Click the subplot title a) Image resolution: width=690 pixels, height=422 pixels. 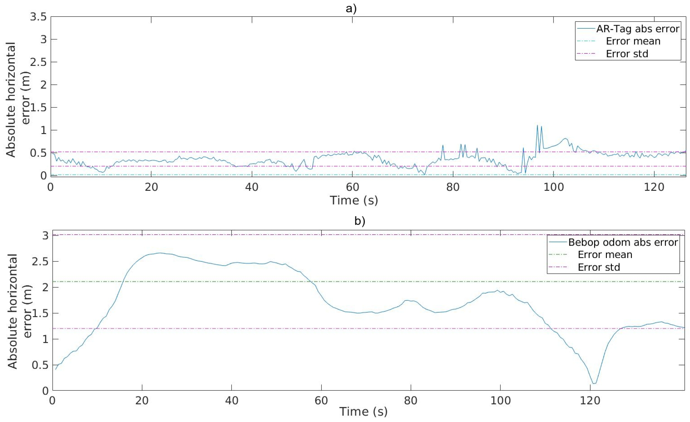[x=351, y=8]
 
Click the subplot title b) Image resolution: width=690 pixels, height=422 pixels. [x=360, y=221]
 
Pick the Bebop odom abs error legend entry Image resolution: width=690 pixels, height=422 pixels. [x=623, y=242]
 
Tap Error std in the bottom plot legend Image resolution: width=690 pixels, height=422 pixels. [x=599, y=267]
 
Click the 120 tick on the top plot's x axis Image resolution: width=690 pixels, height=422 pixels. [x=654, y=187]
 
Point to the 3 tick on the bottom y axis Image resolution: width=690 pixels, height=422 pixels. [x=45, y=236]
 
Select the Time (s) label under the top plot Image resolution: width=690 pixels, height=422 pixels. [x=354, y=201]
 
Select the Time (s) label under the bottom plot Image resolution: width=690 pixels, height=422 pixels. [x=363, y=412]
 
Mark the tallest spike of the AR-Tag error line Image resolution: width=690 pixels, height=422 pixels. [x=537, y=125]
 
